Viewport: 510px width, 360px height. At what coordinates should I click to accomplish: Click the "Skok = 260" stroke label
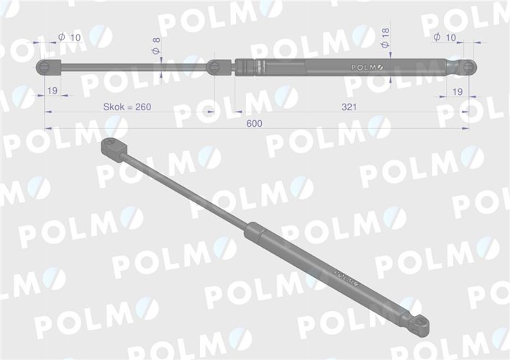pyautogui.click(x=128, y=107)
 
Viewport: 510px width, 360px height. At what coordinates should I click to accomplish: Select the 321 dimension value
pyautogui.click(x=350, y=107)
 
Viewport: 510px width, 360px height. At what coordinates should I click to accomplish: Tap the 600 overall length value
pyautogui.click(x=254, y=124)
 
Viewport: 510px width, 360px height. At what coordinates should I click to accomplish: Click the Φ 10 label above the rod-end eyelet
pyautogui.click(x=70, y=36)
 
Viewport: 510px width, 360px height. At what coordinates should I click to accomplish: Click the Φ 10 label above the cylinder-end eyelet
pyautogui.click(x=447, y=36)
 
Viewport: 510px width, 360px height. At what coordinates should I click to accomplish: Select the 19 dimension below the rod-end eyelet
pyautogui.click(x=52, y=91)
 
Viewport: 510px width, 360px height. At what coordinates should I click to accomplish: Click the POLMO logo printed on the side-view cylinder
pyautogui.click(x=369, y=67)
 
